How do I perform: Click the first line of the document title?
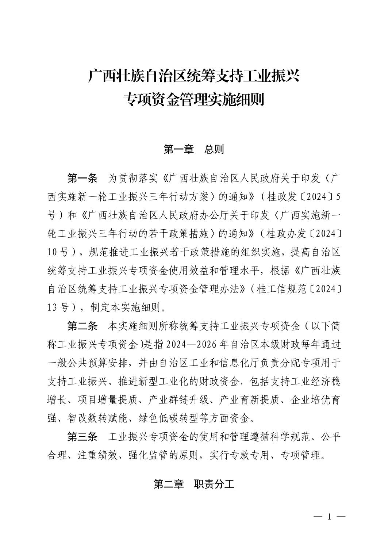tap(194, 77)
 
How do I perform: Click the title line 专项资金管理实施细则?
tap(194, 99)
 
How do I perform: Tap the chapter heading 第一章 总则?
tap(193, 150)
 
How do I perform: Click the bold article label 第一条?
tap(82, 179)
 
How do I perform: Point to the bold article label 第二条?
tap(82, 326)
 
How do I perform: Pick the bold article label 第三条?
tap(82, 437)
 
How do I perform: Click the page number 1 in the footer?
tap(329, 516)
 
